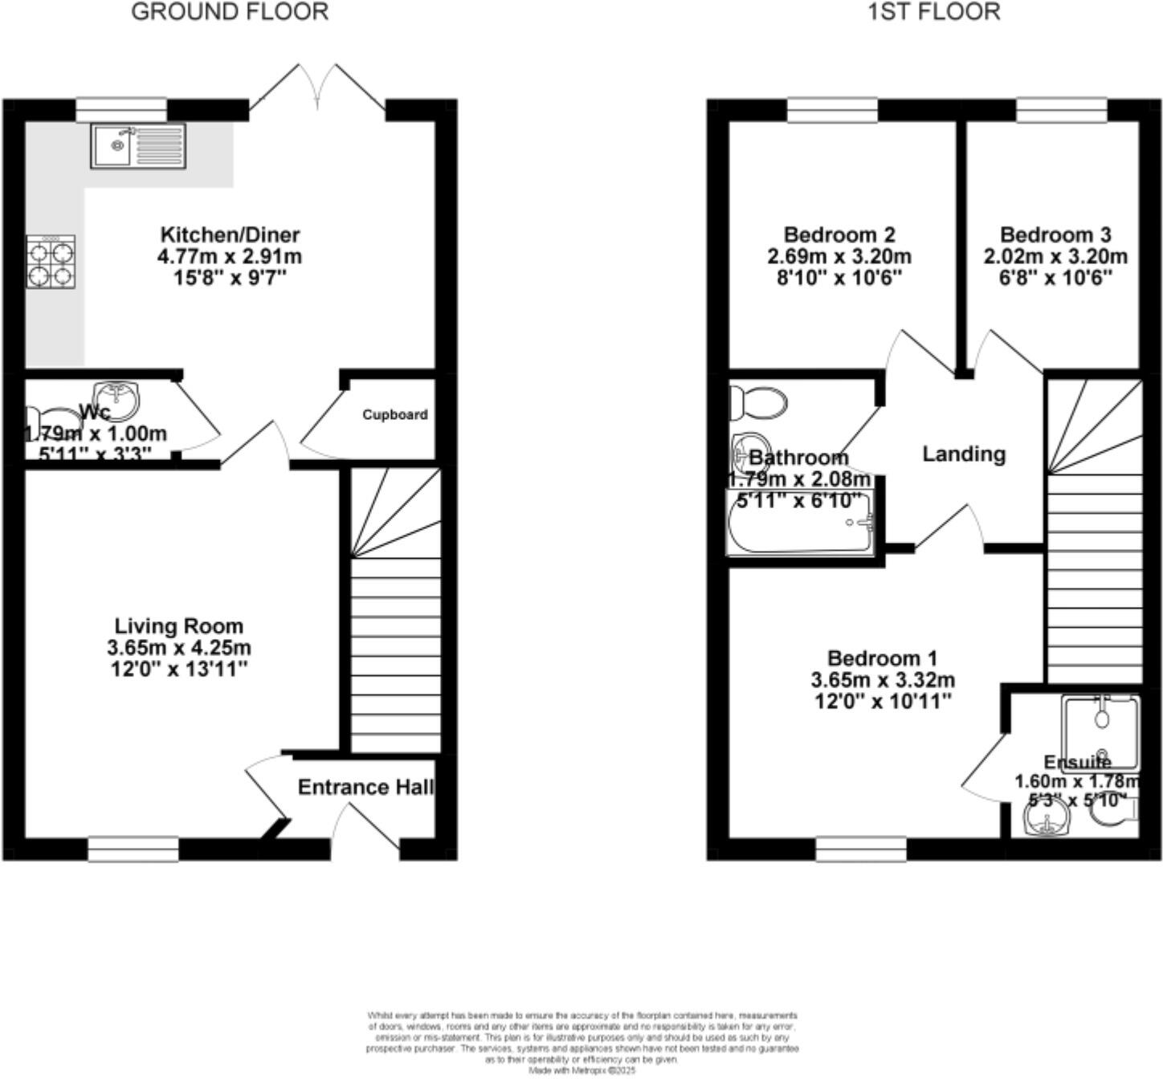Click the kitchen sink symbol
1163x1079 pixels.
pyautogui.click(x=138, y=145)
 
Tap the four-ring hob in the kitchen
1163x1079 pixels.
pyautogui.click(x=51, y=262)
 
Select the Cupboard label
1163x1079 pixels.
pyautogui.click(x=394, y=415)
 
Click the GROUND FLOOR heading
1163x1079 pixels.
pyautogui.click(x=230, y=12)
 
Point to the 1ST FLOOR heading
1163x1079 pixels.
pyautogui.click(x=934, y=12)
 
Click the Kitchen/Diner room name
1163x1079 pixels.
pyautogui.click(x=230, y=235)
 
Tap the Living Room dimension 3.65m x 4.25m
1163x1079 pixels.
pyautogui.click(x=178, y=647)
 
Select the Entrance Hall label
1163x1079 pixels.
pyautogui.click(x=365, y=787)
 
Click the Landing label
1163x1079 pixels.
pyautogui.click(x=963, y=454)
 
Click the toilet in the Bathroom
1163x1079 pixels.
pyautogui.click(x=758, y=402)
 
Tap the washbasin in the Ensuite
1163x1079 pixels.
pyautogui.click(x=1047, y=820)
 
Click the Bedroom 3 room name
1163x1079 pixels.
pyautogui.click(x=1055, y=235)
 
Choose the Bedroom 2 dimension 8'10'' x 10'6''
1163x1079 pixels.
pyautogui.click(x=839, y=278)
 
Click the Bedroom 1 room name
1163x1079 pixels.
pyautogui.click(x=882, y=659)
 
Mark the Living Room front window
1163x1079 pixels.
pyautogui.click(x=133, y=849)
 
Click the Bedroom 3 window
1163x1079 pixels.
pyautogui.click(x=1062, y=110)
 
